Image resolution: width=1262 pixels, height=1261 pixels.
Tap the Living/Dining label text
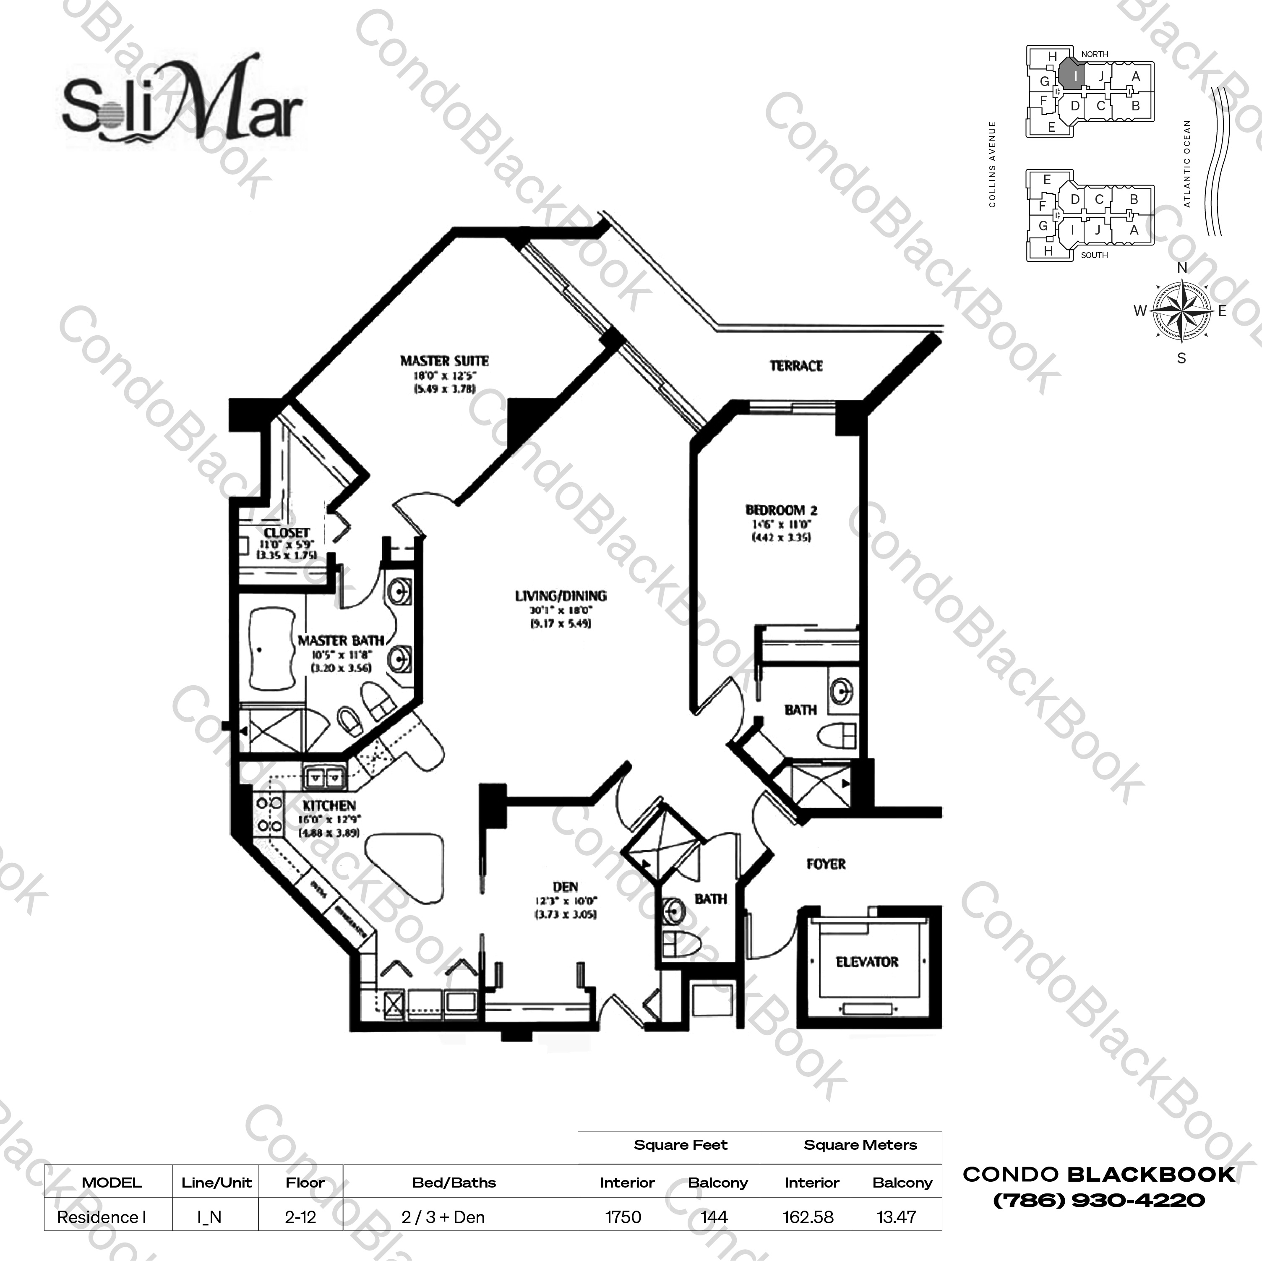pyautogui.click(x=561, y=596)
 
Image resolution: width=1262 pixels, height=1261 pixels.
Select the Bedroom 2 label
pyautogui.click(x=781, y=509)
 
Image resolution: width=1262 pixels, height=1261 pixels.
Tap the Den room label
pyautogui.click(x=565, y=887)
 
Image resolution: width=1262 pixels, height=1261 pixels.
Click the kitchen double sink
pyautogui.click(x=325, y=778)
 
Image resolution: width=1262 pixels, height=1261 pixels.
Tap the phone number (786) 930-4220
pyautogui.click(x=1099, y=1200)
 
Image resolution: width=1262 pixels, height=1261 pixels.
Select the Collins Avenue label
pyautogui.click(x=992, y=164)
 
